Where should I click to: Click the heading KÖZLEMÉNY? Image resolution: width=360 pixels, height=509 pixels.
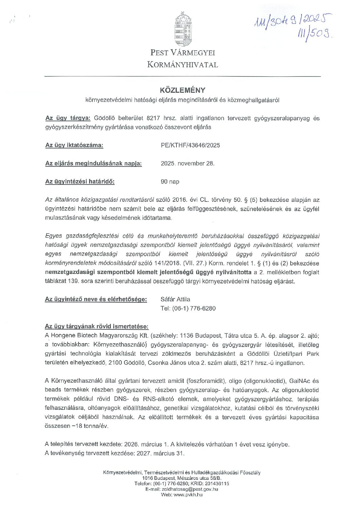pyautogui.click(x=183, y=90)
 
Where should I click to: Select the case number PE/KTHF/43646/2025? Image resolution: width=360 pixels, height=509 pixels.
pyautogui.click(x=190, y=145)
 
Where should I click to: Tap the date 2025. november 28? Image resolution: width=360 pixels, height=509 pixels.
pyautogui.click(x=187, y=163)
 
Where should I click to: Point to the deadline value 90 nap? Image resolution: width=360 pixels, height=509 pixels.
pyautogui.click(x=170, y=182)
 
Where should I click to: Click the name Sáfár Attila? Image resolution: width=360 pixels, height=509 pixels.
pyautogui.click(x=175, y=299)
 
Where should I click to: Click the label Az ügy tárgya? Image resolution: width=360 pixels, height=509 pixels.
pyautogui.click(x=68, y=118)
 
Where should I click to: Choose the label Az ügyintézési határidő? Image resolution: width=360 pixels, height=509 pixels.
pyautogui.click(x=80, y=182)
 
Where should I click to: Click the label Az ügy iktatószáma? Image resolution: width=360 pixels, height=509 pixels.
pyautogui.click(x=74, y=145)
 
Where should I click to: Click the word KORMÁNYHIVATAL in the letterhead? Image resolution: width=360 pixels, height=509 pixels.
pyautogui.click(x=183, y=65)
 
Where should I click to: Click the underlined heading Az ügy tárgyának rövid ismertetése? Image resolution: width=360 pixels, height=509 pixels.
pyautogui.click(x=97, y=327)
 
